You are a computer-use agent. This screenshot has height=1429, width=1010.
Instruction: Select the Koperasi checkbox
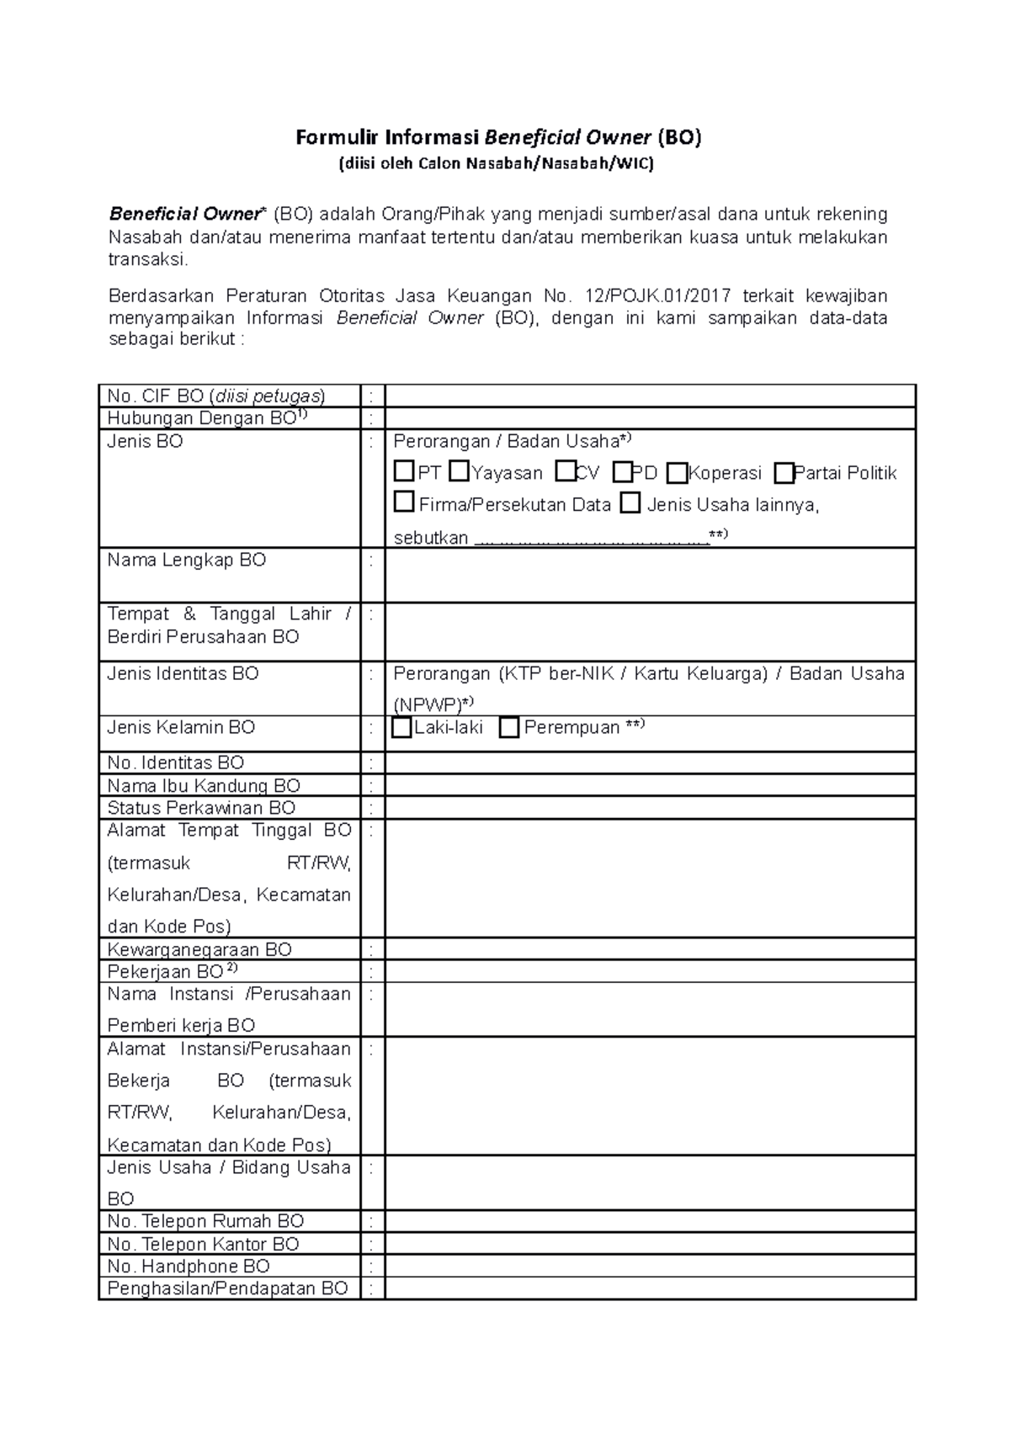click(677, 473)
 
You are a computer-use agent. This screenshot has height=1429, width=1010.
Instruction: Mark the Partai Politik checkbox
click(784, 473)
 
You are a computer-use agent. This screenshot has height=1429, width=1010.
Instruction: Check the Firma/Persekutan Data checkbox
click(404, 503)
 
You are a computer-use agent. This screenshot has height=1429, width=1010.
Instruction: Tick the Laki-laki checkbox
click(401, 727)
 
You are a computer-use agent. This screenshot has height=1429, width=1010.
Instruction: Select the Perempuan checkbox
click(508, 727)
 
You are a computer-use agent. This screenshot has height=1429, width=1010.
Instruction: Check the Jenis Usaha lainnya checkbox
click(630, 503)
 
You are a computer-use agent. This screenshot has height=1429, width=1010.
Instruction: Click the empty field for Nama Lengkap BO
click(650, 575)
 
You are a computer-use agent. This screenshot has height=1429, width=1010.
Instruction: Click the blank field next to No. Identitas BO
click(650, 762)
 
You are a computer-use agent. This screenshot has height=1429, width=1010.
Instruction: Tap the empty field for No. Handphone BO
click(650, 1266)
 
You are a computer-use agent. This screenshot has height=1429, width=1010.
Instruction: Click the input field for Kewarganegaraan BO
click(650, 948)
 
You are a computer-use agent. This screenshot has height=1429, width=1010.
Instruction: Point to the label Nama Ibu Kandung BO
click(204, 785)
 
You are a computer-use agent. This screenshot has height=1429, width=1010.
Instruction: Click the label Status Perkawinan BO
click(201, 808)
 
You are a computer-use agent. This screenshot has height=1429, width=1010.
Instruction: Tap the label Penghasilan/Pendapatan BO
click(227, 1288)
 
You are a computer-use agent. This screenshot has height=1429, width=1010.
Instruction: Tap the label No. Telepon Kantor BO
click(203, 1244)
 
